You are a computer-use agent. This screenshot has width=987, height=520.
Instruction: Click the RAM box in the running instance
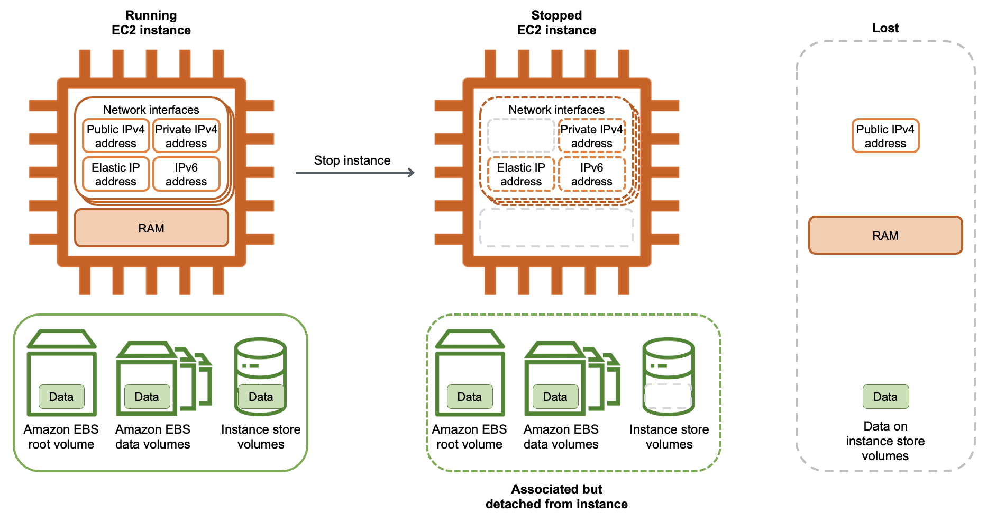coord(151,228)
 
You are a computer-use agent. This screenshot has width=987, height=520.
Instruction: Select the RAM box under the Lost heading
coord(885,236)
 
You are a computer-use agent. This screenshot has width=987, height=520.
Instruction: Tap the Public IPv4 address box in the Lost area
coord(885,136)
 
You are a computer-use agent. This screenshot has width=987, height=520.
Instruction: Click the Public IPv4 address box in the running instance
coord(115,136)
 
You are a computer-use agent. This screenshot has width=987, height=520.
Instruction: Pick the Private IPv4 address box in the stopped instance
coord(591,136)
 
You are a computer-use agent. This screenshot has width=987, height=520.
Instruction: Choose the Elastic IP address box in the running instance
coord(115,174)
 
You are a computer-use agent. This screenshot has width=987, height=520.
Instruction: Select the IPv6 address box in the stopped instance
coord(591,174)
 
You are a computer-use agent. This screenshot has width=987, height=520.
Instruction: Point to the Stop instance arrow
coord(354,173)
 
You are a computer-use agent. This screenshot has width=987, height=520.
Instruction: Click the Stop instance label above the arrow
coord(352,160)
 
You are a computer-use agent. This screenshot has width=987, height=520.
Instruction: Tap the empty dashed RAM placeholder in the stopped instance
coord(556,228)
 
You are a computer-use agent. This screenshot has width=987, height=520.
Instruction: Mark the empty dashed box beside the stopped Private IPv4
coord(520,136)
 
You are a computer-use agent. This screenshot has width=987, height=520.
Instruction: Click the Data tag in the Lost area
coord(885,397)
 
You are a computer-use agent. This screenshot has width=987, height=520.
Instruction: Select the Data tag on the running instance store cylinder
coord(261,397)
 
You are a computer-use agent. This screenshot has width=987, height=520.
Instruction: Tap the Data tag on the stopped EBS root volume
coord(469,397)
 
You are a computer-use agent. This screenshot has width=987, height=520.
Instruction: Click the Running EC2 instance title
coord(151,23)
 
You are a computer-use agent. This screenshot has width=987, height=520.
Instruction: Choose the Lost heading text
coord(885,28)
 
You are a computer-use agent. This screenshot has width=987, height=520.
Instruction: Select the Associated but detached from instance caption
coord(556,496)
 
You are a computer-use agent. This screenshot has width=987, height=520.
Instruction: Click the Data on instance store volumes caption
coord(885,441)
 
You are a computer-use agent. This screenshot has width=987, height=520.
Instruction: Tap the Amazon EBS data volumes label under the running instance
coord(152,436)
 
